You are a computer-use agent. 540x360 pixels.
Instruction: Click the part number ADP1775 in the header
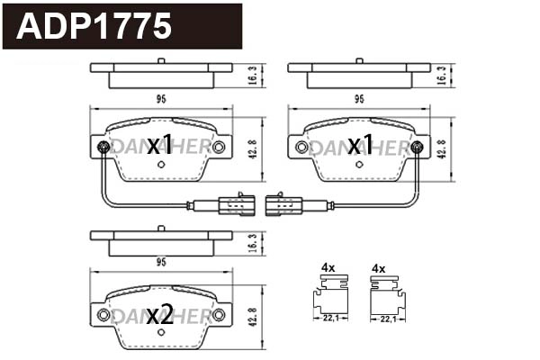click(x=95, y=26)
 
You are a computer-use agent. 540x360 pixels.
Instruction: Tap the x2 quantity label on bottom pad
click(x=160, y=315)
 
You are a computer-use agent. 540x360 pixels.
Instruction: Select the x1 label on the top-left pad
click(x=160, y=145)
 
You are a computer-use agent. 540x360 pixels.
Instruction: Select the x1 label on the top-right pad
click(x=360, y=145)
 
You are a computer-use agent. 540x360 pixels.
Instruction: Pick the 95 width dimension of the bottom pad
click(x=161, y=264)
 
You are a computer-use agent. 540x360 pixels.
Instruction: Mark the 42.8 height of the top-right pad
click(x=441, y=148)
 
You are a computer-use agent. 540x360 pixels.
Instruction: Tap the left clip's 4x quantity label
click(x=328, y=267)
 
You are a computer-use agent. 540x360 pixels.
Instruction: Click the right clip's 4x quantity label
click(x=378, y=267)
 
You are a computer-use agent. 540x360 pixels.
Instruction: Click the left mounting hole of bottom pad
click(x=103, y=314)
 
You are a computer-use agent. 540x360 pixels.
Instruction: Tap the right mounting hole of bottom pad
click(x=218, y=314)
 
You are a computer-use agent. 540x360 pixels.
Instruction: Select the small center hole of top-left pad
click(x=161, y=165)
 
